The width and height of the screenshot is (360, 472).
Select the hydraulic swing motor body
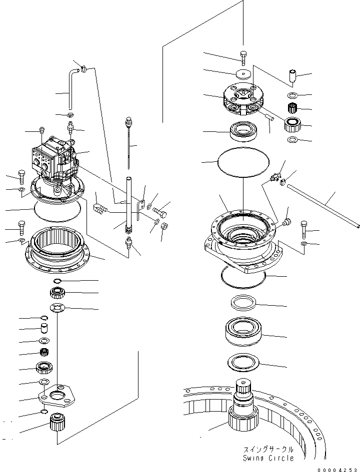(x=55, y=160)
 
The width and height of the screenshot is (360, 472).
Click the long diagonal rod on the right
(x=322, y=204)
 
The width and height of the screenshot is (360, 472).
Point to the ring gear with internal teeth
(x=56, y=245)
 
